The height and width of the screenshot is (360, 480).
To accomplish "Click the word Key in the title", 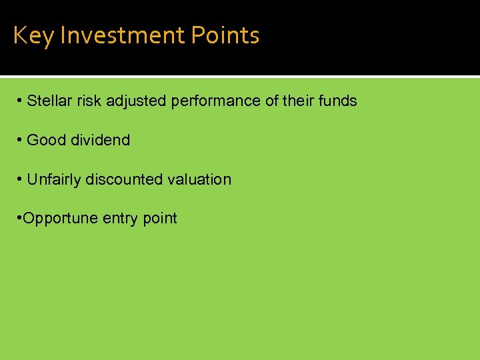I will click(x=33, y=35).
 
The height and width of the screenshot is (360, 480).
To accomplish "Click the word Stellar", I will click(x=49, y=101).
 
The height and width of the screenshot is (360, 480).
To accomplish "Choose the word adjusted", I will click(x=135, y=101).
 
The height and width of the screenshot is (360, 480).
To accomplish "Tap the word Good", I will click(x=47, y=141).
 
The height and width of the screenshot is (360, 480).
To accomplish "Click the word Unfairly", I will click(x=54, y=180).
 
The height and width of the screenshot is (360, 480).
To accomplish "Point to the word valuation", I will click(x=199, y=180).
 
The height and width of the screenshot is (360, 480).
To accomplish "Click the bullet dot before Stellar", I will click(x=21, y=101).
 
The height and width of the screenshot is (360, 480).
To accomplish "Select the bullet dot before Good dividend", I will click(x=21, y=141).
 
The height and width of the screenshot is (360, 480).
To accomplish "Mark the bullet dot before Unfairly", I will click(x=21, y=180).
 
